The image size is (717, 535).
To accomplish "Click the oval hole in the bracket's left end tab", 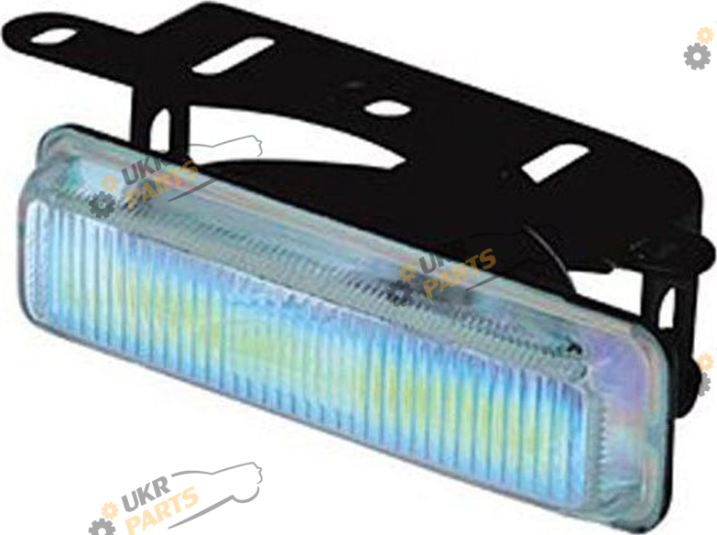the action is tap(53, 36).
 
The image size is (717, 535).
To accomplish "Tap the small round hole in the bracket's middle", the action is tap(388, 109).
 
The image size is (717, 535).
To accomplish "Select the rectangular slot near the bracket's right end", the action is tap(555, 163).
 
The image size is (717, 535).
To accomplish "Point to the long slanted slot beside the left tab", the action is tap(233, 56).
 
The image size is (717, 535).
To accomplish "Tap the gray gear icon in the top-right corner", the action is tap(697, 56).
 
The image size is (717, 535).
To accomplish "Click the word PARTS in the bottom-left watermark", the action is tap(162, 509).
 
